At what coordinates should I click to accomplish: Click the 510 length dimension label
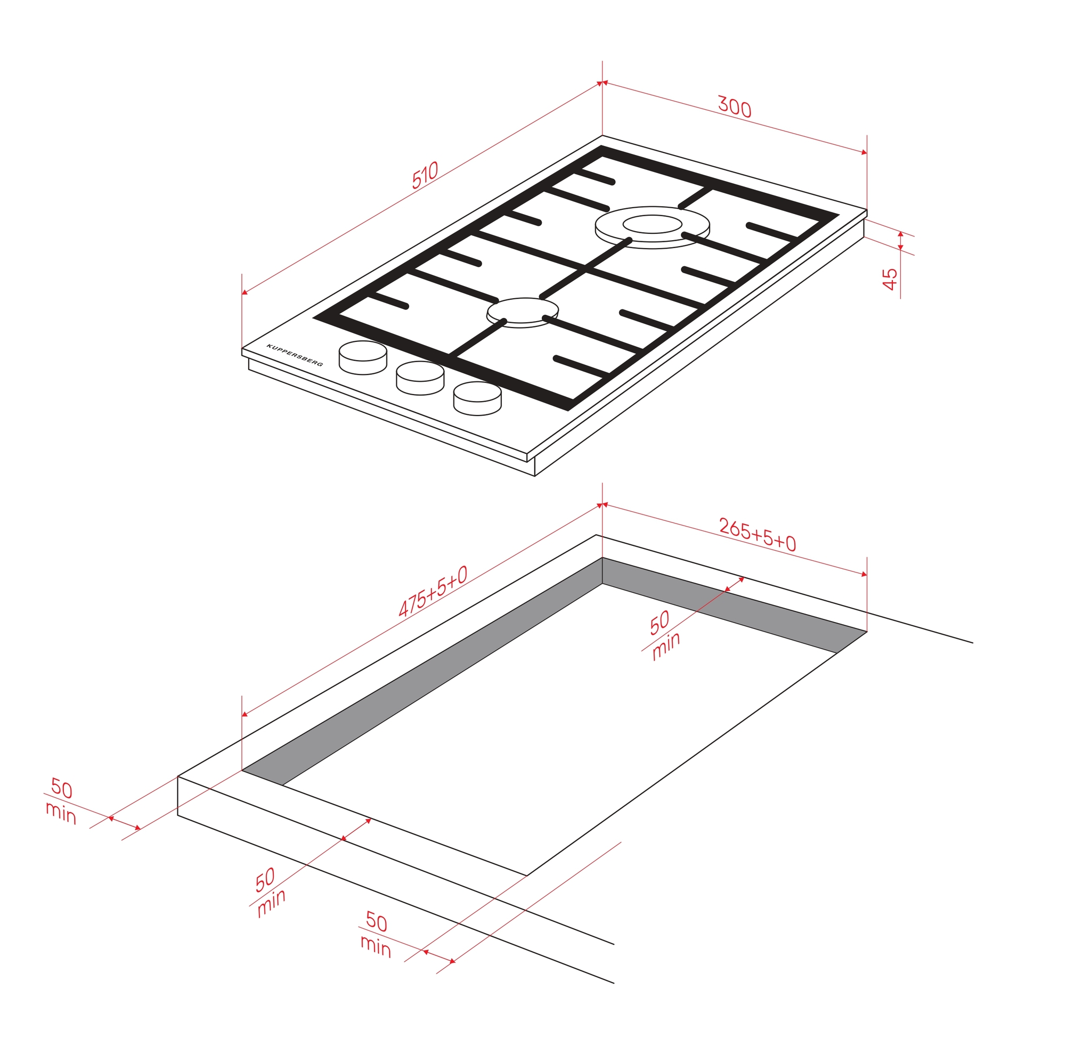(425, 175)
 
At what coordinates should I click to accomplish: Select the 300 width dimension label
(734, 107)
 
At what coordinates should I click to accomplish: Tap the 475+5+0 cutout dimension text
(433, 592)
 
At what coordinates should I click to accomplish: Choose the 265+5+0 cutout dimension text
(758, 535)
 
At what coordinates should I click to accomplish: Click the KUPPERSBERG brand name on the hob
(295, 355)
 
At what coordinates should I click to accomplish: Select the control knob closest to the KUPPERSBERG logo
(363, 358)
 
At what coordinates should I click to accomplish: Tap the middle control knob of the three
(420, 378)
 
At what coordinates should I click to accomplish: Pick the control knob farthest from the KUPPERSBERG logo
(478, 398)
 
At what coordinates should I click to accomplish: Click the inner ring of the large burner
(653, 224)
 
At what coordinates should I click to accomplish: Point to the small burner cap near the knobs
(522, 312)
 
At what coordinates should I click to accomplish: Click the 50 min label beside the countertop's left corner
(61, 802)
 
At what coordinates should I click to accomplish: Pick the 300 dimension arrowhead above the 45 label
(864, 152)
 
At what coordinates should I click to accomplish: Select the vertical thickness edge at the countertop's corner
(177, 796)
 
